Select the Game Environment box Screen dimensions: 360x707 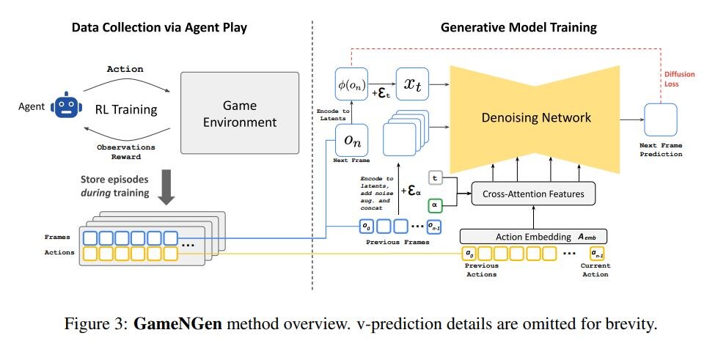(x=240, y=112)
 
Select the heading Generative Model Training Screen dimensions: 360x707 (x=519, y=28)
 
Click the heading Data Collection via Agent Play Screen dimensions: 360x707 (x=158, y=28)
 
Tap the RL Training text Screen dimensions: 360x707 (x=126, y=110)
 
